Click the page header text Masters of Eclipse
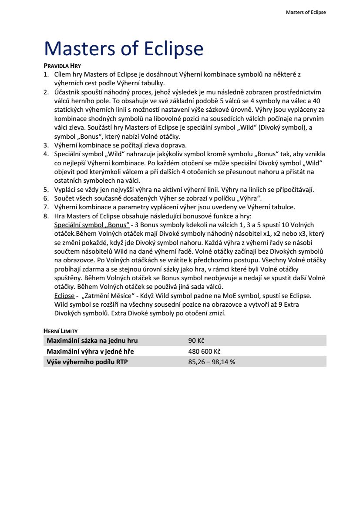tap(306, 12)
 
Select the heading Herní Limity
tap(61, 332)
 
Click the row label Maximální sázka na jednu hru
tap(92, 341)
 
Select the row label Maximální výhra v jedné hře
tap(91, 352)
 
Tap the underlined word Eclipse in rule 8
tap(64, 296)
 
